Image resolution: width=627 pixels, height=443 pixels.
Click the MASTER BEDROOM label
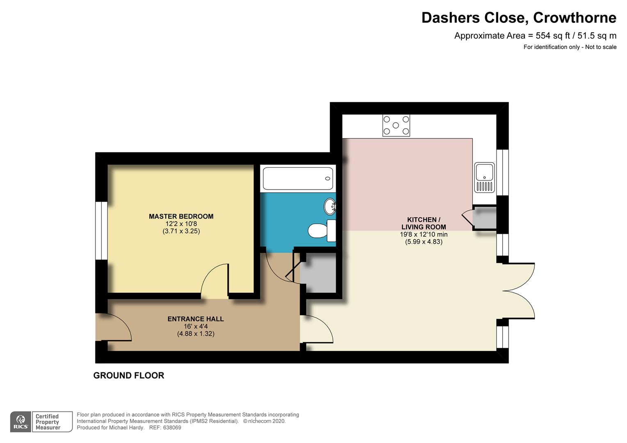181,216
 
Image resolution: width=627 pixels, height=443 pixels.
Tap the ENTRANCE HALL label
196,319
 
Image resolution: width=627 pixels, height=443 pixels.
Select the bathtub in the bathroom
298,178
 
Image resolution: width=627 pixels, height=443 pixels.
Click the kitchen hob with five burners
396,126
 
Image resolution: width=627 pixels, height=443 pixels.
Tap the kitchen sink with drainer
485,178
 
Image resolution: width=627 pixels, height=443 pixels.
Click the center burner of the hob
396,126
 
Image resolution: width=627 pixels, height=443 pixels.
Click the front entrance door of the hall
113,327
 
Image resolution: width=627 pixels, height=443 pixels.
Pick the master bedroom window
101,231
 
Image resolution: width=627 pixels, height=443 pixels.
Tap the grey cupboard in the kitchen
485,218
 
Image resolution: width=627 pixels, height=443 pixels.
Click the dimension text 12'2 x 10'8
181,224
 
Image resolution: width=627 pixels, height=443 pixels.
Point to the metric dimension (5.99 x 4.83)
424,242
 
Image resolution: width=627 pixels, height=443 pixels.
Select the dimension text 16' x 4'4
196,327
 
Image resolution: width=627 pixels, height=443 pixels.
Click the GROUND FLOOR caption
129,376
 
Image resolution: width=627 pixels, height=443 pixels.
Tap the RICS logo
21,422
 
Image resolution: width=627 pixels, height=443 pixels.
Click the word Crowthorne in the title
574,18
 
